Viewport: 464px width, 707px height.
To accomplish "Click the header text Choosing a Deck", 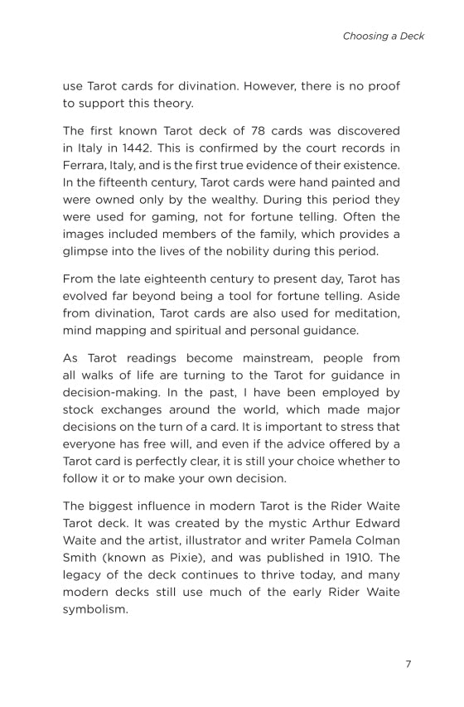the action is (383, 36).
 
